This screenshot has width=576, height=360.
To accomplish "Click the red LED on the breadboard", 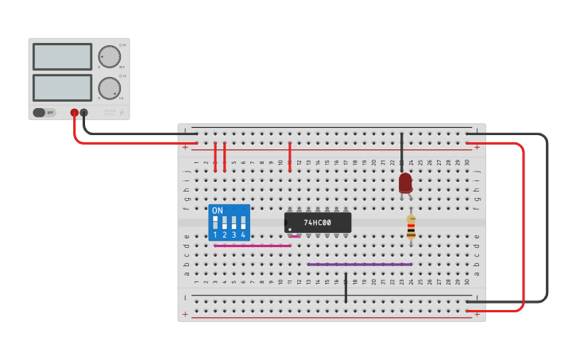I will pyautogui.click(x=405, y=183).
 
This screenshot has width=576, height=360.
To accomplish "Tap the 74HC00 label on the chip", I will pyautogui.click(x=318, y=223).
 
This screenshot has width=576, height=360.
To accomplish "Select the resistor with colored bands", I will pyautogui.click(x=411, y=228).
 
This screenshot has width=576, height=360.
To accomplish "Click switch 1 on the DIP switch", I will pyautogui.click(x=215, y=223).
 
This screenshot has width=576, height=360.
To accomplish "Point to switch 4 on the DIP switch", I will pyautogui.click(x=243, y=223).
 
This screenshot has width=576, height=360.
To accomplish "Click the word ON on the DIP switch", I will pyautogui.click(x=218, y=211).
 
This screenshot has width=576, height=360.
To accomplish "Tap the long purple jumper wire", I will pyautogui.click(x=359, y=264).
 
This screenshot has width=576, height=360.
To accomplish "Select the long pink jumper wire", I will pyautogui.click(x=252, y=246).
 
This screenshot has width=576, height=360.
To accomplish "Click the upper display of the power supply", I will pyautogui.click(x=63, y=56).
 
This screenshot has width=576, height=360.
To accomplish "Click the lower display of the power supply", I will pyautogui.click(x=63, y=87).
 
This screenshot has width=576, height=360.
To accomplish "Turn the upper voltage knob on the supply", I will pyautogui.click(x=109, y=56).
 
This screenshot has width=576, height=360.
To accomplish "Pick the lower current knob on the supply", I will pyautogui.click(x=109, y=87).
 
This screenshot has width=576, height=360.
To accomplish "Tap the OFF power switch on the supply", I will pyautogui.click(x=44, y=113).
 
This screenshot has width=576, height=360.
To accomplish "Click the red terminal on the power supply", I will pyautogui.click(x=74, y=113).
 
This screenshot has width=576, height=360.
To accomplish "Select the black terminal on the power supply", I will pyautogui.click(x=84, y=113).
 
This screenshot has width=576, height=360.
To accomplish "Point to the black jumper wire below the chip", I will pyautogui.click(x=346, y=287).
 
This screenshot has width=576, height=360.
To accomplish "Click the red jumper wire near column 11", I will pyautogui.click(x=290, y=157).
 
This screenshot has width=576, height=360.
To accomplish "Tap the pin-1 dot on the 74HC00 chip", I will pyautogui.click(x=290, y=230).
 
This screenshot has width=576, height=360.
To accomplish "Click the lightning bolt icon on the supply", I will pyautogui.click(x=121, y=113).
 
